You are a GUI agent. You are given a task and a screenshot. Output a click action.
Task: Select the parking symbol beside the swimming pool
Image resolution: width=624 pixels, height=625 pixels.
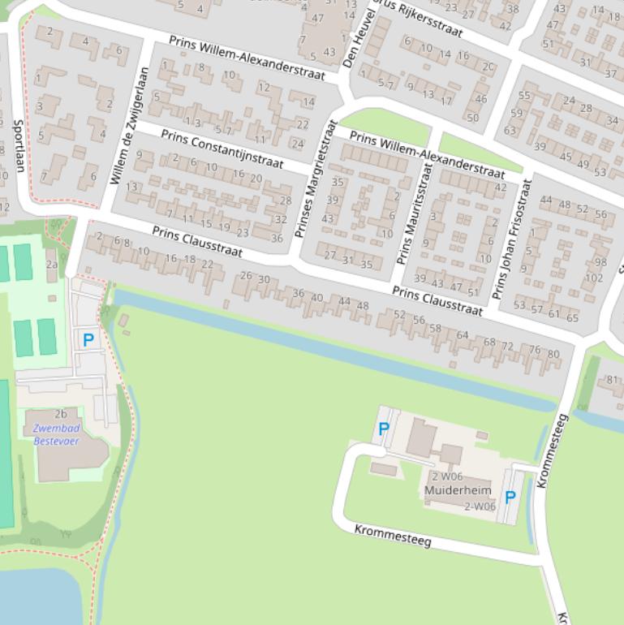tap(88, 340)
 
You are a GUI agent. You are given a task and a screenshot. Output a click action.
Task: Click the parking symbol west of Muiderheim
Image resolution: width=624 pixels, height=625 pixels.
tap(384, 429)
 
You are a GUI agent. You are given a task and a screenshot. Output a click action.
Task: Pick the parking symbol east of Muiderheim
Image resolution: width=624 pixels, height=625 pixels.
tap(510, 498)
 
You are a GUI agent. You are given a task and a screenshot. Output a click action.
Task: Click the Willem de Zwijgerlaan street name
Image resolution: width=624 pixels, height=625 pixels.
tap(126, 126)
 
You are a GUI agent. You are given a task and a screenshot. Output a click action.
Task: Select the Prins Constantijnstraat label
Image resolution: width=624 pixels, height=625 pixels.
tap(222, 149)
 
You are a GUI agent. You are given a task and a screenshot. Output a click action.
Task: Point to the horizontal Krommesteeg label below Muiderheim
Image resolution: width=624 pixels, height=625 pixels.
tap(393, 536)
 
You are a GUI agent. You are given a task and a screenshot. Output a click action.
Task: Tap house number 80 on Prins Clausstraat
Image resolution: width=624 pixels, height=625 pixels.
tap(553, 354)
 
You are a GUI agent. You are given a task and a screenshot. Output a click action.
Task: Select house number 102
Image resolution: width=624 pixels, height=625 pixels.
tap(594, 278)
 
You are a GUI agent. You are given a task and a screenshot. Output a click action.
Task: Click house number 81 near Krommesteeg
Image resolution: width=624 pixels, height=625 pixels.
tap(613, 380)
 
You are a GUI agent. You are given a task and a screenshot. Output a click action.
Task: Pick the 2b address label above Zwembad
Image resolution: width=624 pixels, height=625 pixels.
tap(61, 414)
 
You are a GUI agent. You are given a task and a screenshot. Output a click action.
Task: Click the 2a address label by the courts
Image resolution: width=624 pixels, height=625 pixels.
tap(52, 264)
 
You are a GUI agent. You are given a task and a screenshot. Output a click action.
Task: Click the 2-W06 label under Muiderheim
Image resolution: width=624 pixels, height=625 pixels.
tap(480, 506)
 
